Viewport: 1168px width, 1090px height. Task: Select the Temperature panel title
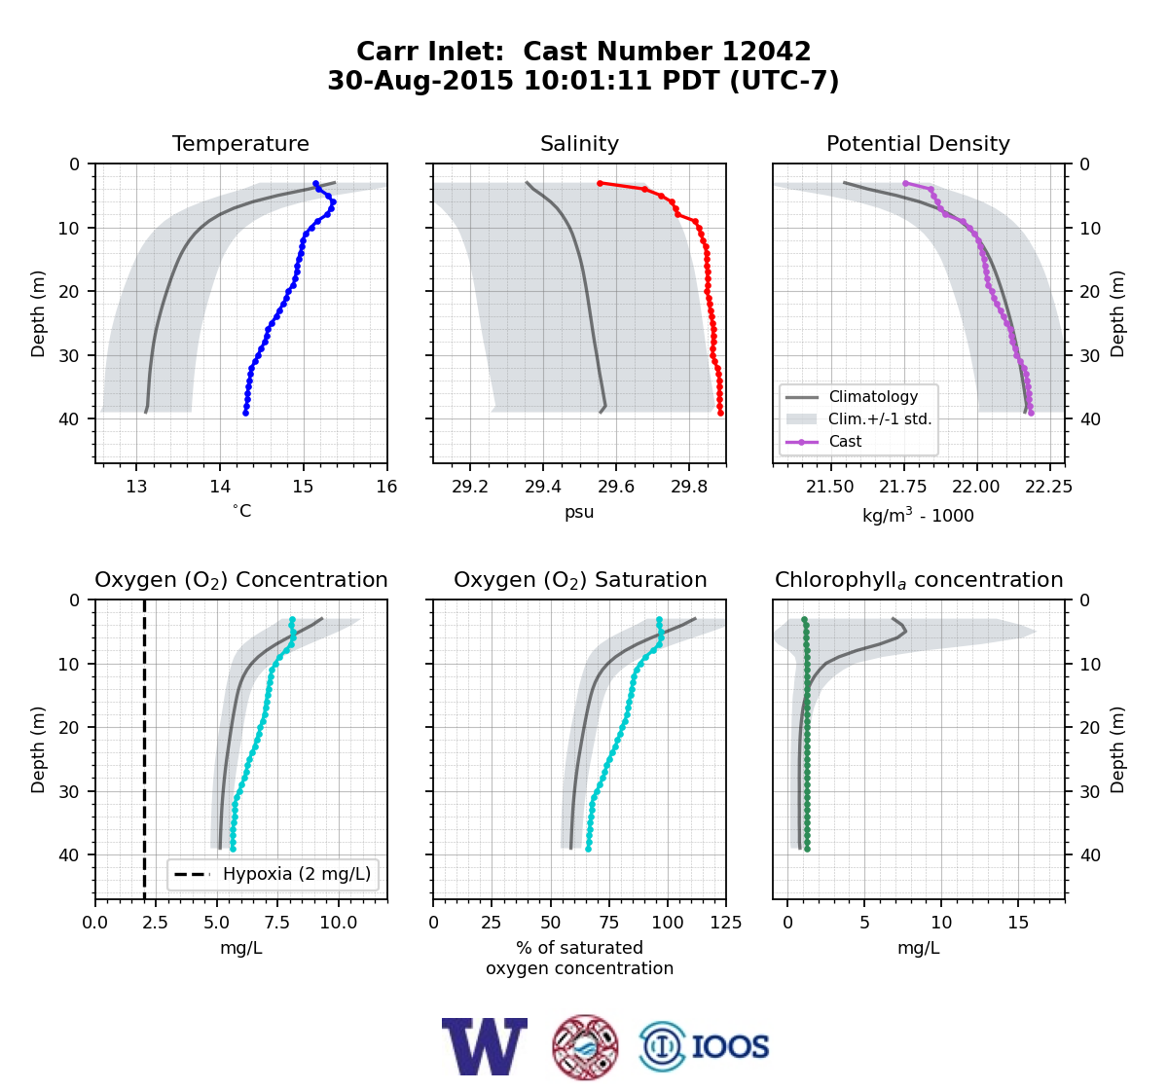240,143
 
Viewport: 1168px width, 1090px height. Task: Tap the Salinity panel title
579,143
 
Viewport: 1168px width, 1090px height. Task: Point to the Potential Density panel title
918,143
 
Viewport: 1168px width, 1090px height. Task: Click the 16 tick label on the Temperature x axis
386,487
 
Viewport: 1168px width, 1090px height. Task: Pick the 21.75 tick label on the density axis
903,487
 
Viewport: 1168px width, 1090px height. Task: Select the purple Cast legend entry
823,442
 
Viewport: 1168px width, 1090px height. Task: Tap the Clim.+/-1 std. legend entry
858,419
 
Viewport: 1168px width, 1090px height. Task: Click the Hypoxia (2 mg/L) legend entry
273,874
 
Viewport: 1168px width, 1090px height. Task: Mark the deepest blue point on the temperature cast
246,413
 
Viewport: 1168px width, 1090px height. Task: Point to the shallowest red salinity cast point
600,184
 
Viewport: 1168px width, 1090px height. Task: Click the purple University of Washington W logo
485,1046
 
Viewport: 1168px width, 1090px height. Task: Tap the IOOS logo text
730,1047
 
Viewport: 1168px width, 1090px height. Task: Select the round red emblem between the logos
585,1047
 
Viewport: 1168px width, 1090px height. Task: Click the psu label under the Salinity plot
579,512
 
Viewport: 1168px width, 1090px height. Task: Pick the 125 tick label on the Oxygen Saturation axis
726,923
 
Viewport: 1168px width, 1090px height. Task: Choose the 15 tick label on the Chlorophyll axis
1018,923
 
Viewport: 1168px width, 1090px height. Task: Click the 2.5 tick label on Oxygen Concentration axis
156,923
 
